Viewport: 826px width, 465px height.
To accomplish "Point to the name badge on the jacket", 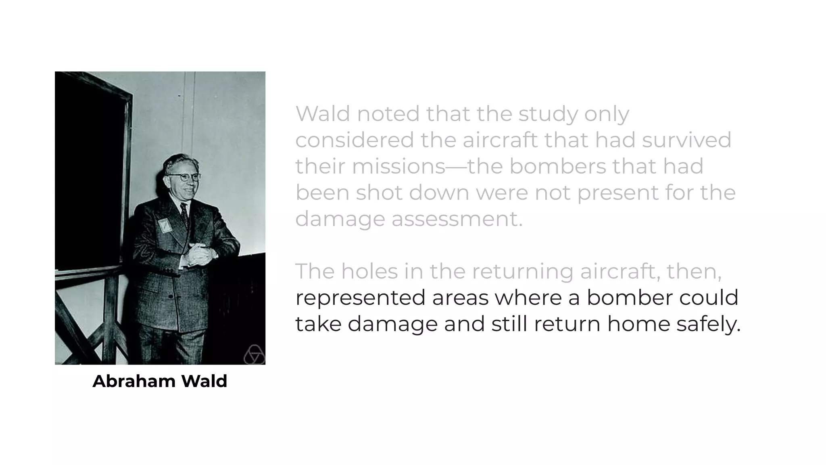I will point(165,225).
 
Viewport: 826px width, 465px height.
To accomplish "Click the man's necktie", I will point(184,214).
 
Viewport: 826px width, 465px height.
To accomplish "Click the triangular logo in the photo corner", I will point(254,355).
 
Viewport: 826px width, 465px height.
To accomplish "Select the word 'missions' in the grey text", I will point(398,166).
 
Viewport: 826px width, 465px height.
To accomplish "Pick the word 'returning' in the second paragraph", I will point(522,271).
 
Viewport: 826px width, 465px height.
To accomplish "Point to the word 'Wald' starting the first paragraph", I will point(323,113).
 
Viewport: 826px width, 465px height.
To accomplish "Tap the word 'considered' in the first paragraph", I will point(355,140).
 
